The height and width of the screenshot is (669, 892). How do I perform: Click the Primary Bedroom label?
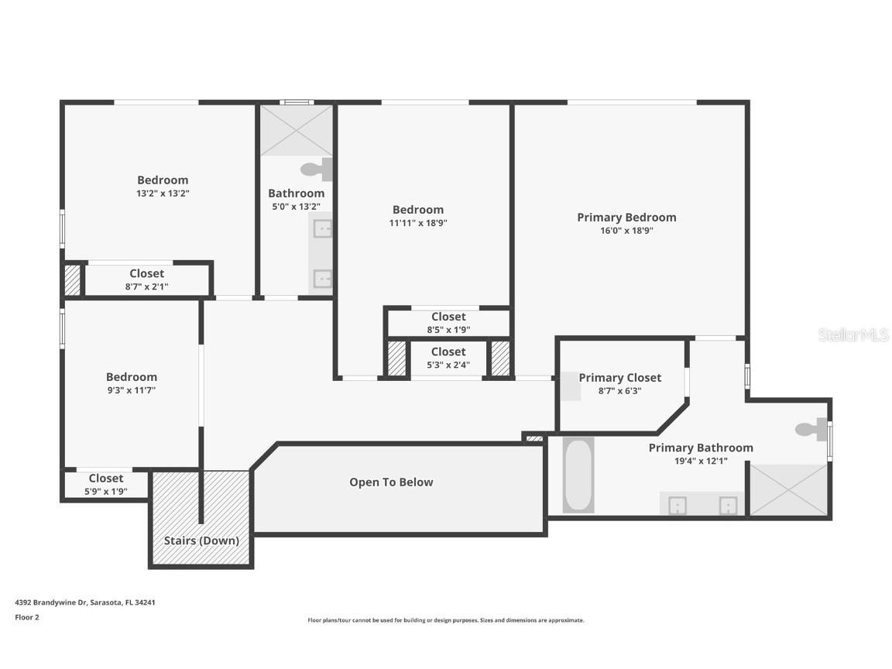pyautogui.click(x=626, y=218)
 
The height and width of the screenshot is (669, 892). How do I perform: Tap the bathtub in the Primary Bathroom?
pyautogui.click(x=578, y=475)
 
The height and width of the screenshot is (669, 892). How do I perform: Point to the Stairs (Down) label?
pyautogui.click(x=201, y=540)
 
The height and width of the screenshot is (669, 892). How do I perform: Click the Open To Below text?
pyautogui.click(x=391, y=482)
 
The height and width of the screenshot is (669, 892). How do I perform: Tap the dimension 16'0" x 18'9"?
pyautogui.click(x=626, y=231)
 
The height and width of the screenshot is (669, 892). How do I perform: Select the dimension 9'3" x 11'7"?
pyautogui.click(x=131, y=390)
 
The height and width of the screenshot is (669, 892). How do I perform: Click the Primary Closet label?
pyautogui.click(x=620, y=378)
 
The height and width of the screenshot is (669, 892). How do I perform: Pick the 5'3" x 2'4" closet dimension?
pyautogui.click(x=448, y=365)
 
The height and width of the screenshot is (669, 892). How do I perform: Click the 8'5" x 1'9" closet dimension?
pyautogui.click(x=448, y=329)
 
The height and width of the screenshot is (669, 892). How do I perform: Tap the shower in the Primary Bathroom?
pyautogui.click(x=788, y=489)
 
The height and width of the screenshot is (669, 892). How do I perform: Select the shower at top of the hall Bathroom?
pyautogui.click(x=296, y=131)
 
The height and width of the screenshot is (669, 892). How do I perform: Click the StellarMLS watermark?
pyautogui.click(x=853, y=334)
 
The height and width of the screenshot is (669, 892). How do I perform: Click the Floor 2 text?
pyautogui.click(x=26, y=617)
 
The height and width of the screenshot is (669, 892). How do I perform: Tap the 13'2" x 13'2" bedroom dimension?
pyautogui.click(x=163, y=194)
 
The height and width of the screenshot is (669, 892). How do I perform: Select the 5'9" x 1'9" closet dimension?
pyautogui.click(x=106, y=491)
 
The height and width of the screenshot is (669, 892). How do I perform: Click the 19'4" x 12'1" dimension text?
pyautogui.click(x=700, y=461)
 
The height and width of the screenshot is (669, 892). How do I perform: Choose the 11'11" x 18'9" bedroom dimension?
pyautogui.click(x=418, y=223)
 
